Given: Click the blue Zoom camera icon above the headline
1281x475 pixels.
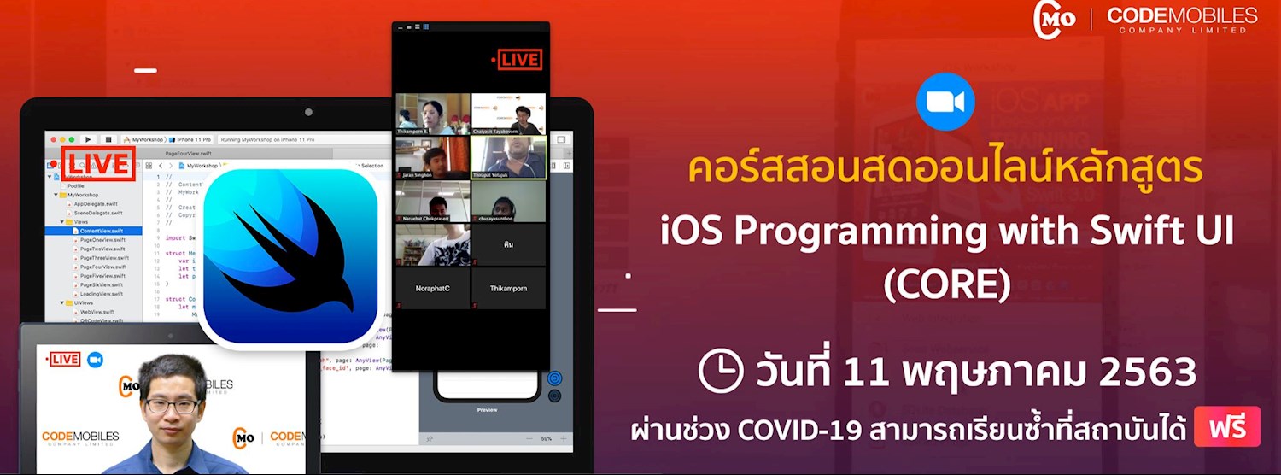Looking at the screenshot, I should pos(945,102).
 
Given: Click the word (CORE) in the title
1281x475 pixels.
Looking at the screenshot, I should pos(946,284).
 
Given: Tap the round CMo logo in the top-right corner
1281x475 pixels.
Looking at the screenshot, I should pos(1054,20).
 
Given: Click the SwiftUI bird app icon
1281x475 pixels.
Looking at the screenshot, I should pos(290,256).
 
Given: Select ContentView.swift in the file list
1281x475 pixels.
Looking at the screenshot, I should pos(101,231).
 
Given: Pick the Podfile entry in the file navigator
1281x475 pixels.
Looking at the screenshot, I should pos(75,185).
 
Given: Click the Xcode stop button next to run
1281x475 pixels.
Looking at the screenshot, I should pos(108,139).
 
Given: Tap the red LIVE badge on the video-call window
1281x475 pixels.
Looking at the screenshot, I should pos(516,60).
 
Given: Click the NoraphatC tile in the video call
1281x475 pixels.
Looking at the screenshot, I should pos(433,289).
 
